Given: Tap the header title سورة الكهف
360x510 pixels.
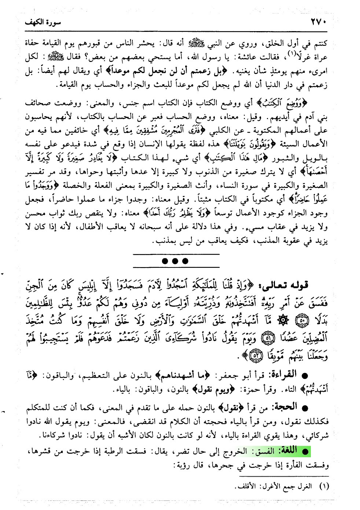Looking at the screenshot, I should (43, 22).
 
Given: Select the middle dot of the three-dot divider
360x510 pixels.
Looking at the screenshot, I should (176, 261).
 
